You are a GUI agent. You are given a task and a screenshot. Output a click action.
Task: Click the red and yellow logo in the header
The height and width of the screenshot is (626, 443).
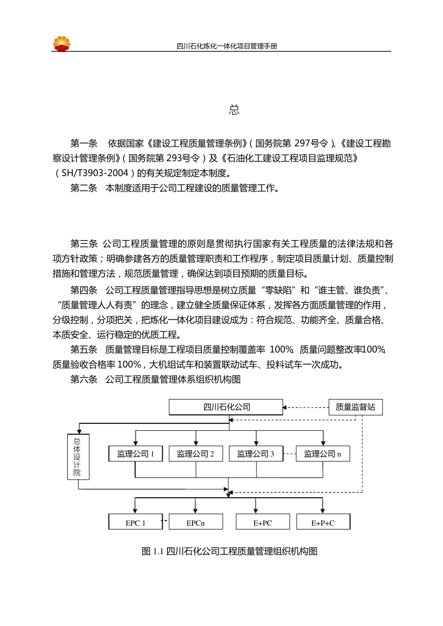62,44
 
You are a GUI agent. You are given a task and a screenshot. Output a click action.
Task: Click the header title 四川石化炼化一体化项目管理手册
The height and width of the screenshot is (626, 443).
227,46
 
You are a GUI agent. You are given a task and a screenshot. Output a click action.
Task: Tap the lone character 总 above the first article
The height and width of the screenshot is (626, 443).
234,110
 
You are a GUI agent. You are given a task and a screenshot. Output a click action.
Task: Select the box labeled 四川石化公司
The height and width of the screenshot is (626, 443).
226,407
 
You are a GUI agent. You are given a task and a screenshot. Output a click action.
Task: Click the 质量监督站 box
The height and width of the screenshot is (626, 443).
355,407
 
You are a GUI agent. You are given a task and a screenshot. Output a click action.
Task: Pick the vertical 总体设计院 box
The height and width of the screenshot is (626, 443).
78,457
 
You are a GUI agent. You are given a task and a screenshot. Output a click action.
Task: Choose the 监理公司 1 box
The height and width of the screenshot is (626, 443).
136,454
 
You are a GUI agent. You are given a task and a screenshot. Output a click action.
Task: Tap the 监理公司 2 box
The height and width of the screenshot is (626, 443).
196,454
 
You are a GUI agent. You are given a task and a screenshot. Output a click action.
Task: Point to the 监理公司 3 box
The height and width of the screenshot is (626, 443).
256,454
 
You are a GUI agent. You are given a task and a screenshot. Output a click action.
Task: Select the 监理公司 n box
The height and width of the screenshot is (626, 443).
323,454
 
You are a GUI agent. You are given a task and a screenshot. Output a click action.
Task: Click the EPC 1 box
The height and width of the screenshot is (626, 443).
136,523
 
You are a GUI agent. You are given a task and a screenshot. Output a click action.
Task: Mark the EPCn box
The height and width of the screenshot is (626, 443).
196,523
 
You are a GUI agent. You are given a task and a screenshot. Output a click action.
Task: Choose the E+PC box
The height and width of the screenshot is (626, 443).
263,523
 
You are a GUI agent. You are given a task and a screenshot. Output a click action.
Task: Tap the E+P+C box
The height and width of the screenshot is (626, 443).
323,523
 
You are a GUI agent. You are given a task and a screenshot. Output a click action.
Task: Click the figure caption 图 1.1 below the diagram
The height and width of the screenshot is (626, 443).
229,551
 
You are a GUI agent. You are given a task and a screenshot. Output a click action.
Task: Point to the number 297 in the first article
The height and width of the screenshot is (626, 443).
302,144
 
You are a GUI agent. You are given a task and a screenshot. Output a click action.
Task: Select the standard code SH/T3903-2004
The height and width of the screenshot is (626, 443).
95,173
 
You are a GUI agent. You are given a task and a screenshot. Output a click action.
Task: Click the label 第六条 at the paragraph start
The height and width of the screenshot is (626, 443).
84,379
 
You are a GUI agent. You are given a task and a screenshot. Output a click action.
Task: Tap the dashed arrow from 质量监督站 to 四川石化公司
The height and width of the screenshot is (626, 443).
306,407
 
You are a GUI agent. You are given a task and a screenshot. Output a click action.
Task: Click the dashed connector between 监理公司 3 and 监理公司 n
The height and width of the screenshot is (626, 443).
290,454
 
